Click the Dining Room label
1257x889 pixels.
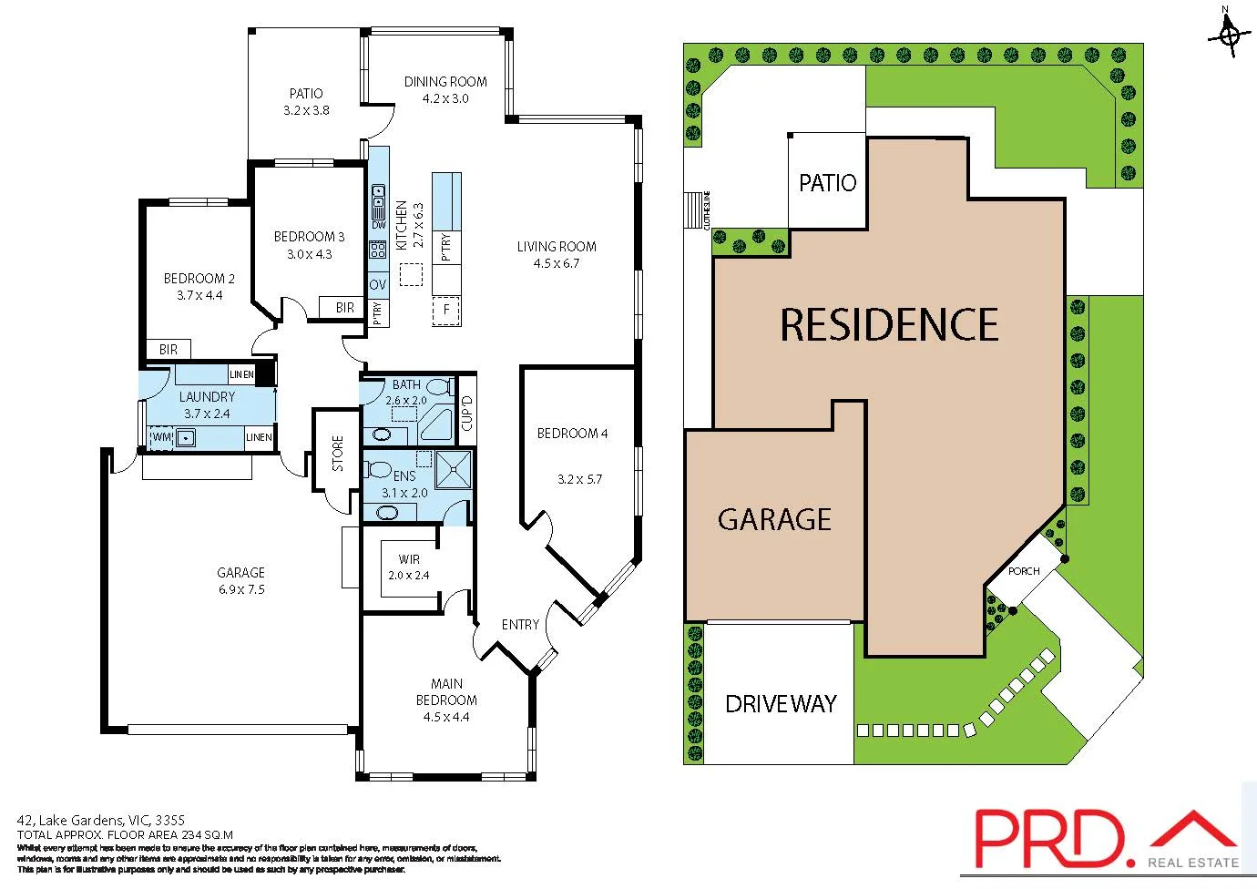coord(445,82)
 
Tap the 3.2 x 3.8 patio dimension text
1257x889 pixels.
coord(306,110)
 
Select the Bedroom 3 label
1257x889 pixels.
coord(309,237)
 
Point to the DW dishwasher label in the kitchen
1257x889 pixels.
coord(378,225)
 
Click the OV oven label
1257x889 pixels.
coord(378,285)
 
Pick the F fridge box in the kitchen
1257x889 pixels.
coord(446,310)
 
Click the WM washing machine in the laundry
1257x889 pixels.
coord(161,438)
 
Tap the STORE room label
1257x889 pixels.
coord(338,454)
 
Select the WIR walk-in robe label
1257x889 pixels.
coord(409,559)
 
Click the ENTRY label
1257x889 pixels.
coord(520,625)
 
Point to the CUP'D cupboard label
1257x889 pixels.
coord(466,413)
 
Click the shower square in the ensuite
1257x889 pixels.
coord(454,470)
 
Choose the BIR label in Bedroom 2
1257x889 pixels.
coord(169,349)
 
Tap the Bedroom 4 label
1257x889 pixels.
coord(572,434)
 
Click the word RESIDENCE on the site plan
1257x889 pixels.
coord(889,325)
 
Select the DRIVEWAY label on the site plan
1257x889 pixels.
coord(781,704)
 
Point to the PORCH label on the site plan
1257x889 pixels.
coord(1024,571)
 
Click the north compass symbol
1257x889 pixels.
coord(1227,35)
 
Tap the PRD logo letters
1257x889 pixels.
coord(1047,839)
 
